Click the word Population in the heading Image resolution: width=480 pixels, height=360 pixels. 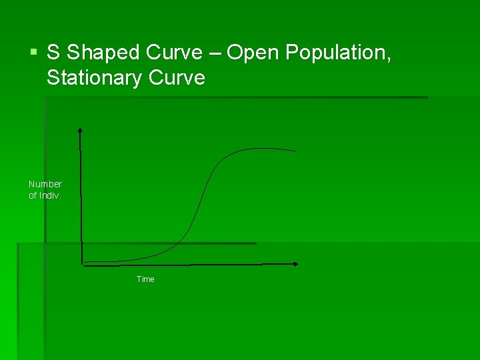click(337, 53)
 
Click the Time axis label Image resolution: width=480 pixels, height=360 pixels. click(145, 279)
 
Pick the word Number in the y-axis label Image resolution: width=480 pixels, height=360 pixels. click(45, 184)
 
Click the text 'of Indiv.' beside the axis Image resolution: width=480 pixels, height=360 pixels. click(45, 195)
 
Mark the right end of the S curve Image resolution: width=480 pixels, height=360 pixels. click(295, 151)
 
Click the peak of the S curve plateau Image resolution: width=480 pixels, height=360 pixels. click(257, 148)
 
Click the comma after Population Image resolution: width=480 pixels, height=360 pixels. click(388, 59)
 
